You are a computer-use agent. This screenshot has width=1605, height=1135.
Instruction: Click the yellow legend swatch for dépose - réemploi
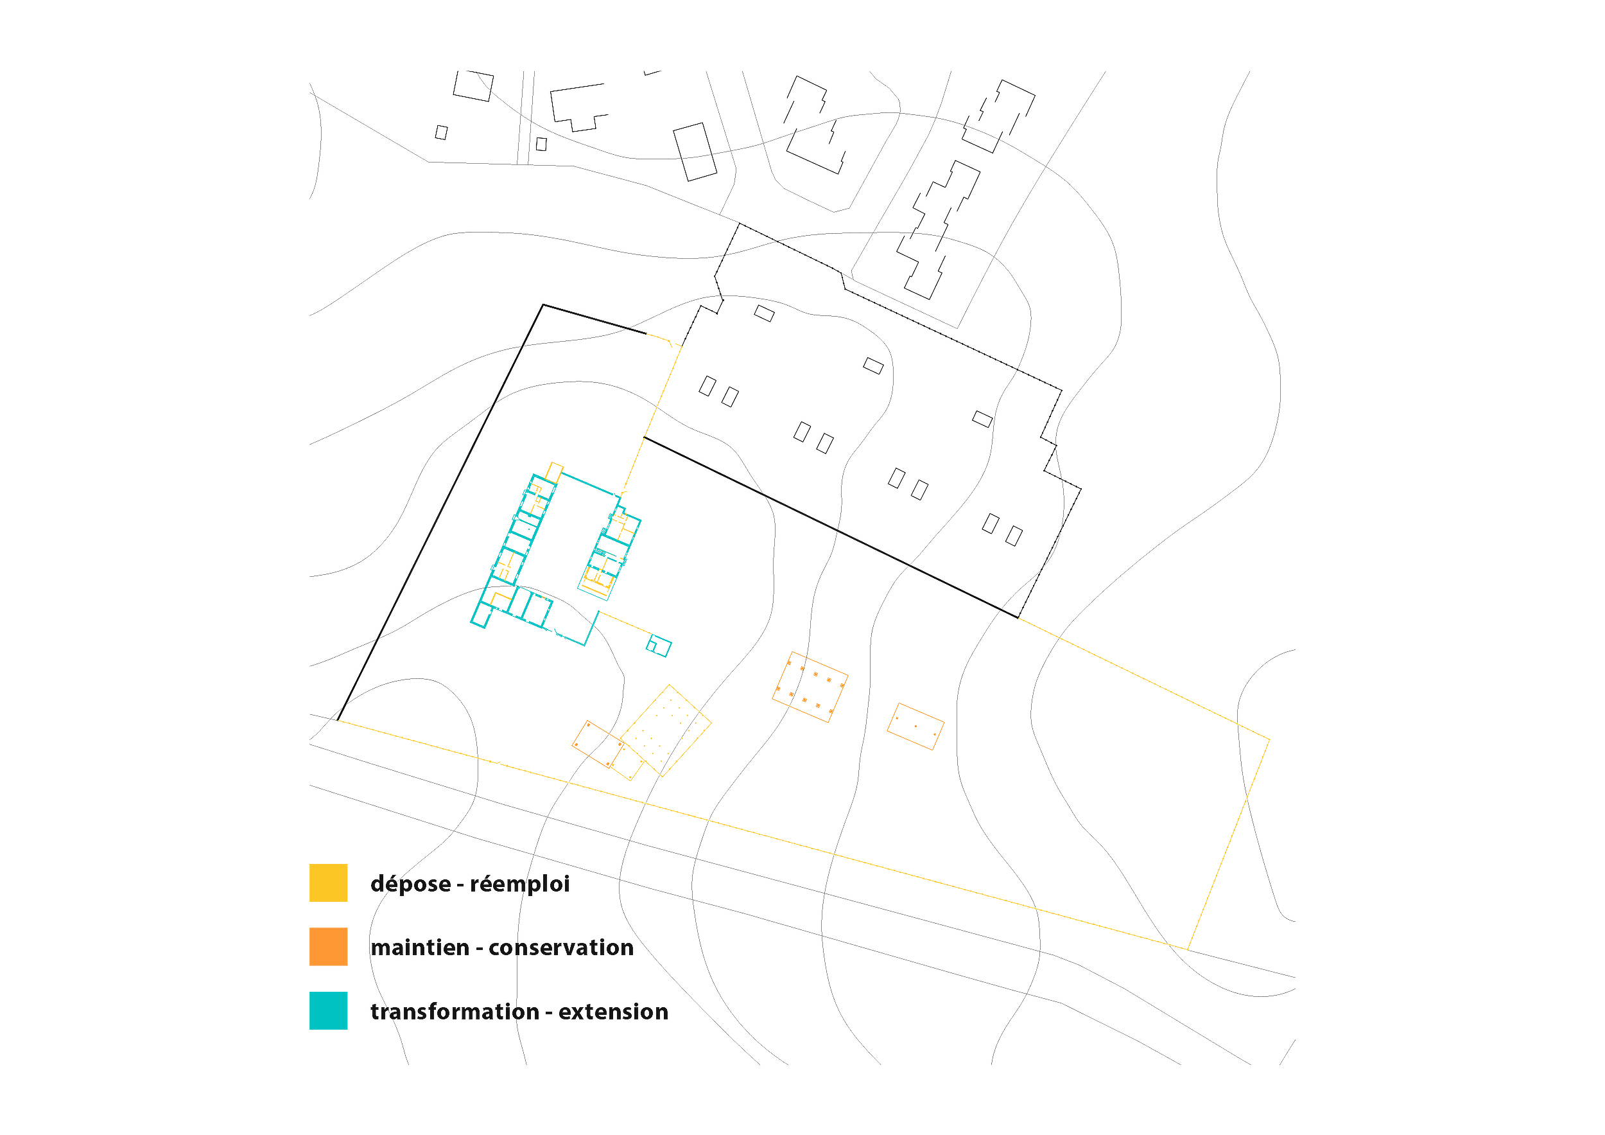click(x=329, y=883)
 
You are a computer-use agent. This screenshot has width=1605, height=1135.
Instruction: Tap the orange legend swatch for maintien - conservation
click(x=329, y=946)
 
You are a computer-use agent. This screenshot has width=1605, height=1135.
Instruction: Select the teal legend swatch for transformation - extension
click(x=329, y=1010)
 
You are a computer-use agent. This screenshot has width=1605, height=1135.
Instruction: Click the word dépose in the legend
click(x=410, y=884)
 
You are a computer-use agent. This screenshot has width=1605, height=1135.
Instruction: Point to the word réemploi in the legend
click(x=519, y=884)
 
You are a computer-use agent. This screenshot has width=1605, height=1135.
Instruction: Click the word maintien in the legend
click(x=419, y=947)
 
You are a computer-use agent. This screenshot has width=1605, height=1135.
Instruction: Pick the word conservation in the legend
click(x=560, y=947)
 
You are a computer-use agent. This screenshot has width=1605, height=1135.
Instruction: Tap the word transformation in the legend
click(x=455, y=1011)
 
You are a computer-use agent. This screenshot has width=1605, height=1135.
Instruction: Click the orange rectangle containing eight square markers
click(x=810, y=687)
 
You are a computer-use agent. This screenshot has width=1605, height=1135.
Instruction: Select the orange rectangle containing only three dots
click(x=915, y=726)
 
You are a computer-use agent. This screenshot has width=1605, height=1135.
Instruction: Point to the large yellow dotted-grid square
click(x=666, y=731)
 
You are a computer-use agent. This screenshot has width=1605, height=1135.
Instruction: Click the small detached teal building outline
click(x=659, y=646)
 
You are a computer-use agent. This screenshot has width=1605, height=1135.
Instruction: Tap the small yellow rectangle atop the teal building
click(x=554, y=472)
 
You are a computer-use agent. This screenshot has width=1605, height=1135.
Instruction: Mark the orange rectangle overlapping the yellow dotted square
click(x=598, y=744)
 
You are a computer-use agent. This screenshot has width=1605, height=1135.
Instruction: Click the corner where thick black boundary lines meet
click(x=543, y=305)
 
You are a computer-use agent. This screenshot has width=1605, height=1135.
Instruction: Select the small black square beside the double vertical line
click(x=541, y=144)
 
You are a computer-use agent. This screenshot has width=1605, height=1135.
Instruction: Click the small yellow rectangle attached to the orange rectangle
click(x=627, y=762)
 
